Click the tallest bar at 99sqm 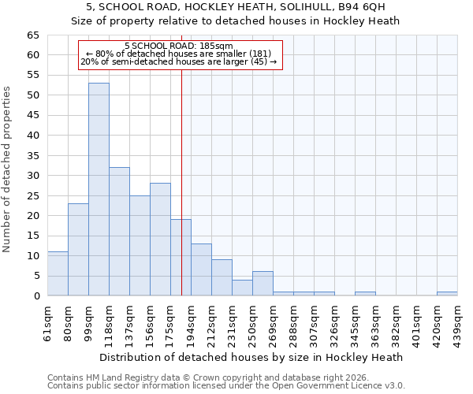tap(99, 189)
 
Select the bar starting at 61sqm tap(58, 273)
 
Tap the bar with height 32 tap(119, 231)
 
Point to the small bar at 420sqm tap(447, 294)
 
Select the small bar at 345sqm tap(365, 294)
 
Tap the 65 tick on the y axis tap(32, 35)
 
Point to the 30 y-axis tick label tap(32, 176)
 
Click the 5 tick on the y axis tap(35, 276)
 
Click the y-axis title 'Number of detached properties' tap(8, 169)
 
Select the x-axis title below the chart tap(252, 357)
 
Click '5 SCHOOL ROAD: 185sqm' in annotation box tap(179, 46)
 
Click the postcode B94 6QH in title tap(359, 8)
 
